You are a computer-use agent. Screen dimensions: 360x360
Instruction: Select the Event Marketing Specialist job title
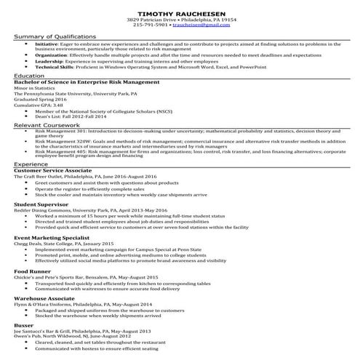point(49,238)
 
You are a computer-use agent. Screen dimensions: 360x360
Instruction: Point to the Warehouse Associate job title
point(44,298)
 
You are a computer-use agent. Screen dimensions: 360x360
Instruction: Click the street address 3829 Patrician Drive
point(151,18)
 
